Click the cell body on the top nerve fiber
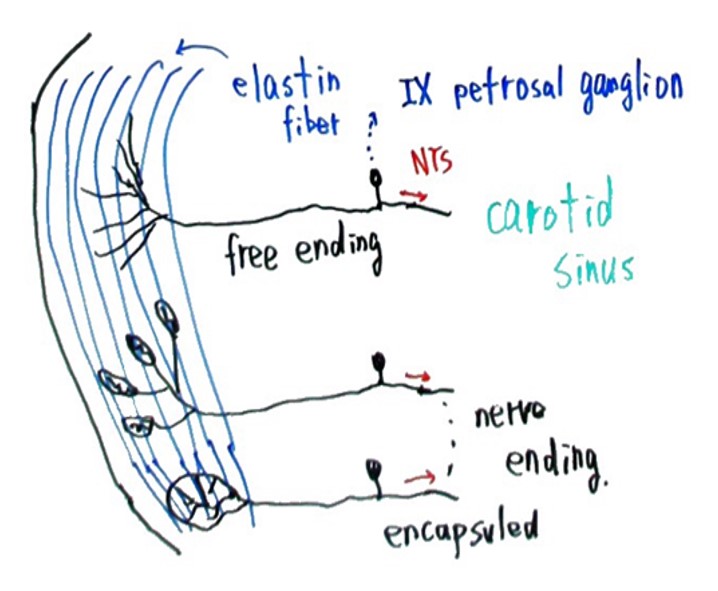click(x=378, y=179)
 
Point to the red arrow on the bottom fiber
click(x=418, y=481)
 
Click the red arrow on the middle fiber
click(x=416, y=377)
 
